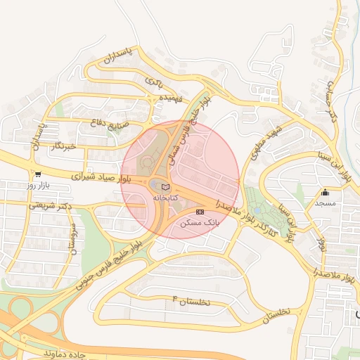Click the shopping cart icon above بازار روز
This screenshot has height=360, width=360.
pyautogui.click(x=37, y=174)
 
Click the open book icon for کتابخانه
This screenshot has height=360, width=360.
pyautogui.click(x=165, y=187)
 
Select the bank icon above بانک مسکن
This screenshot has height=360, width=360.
pyautogui.click(x=200, y=211)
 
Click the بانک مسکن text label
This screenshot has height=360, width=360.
pyautogui.click(x=200, y=221)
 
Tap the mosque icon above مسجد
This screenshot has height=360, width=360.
pyautogui.click(x=325, y=193)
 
